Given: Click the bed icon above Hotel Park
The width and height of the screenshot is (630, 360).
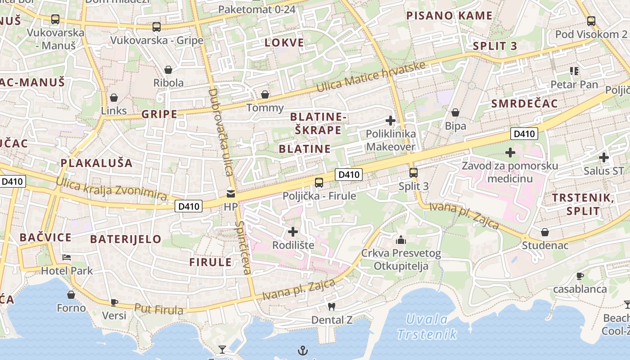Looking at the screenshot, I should pyautogui.click(x=67, y=257).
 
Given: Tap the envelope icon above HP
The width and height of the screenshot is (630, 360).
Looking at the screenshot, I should pyautogui.click(x=230, y=194).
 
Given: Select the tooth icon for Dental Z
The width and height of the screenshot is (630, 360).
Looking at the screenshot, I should pyautogui.click(x=332, y=307).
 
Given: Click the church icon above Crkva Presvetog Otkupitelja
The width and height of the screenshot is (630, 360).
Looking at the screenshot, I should pyautogui.click(x=401, y=240).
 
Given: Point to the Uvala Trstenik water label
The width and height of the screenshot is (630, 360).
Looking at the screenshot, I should pyautogui.click(x=427, y=327).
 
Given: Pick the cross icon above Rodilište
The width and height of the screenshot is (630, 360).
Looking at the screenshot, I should pyautogui.click(x=293, y=232).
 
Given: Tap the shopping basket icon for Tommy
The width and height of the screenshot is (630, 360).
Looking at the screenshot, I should pyautogui.click(x=265, y=94).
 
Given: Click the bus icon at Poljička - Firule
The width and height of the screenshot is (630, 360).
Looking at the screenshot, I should pyautogui.click(x=319, y=182).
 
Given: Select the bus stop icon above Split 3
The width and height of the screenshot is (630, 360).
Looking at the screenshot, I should pyautogui.click(x=413, y=172).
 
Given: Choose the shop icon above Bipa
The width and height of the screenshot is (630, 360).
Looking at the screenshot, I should pyautogui.click(x=455, y=112).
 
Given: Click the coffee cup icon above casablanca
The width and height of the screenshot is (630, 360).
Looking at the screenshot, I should pyautogui.click(x=580, y=276).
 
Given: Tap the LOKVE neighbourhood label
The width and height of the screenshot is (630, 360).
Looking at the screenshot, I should pyautogui.click(x=284, y=43).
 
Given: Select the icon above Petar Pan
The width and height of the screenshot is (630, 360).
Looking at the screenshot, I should pyautogui.click(x=574, y=71).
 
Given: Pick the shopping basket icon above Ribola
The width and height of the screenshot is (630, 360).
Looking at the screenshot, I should pyautogui.click(x=168, y=70).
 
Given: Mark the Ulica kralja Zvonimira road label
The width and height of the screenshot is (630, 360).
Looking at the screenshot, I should pyautogui.click(x=111, y=189).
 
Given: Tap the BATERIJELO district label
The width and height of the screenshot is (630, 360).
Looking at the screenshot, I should pyautogui.click(x=126, y=239).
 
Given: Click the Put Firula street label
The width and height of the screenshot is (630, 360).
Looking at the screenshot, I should pyautogui.click(x=159, y=309).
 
